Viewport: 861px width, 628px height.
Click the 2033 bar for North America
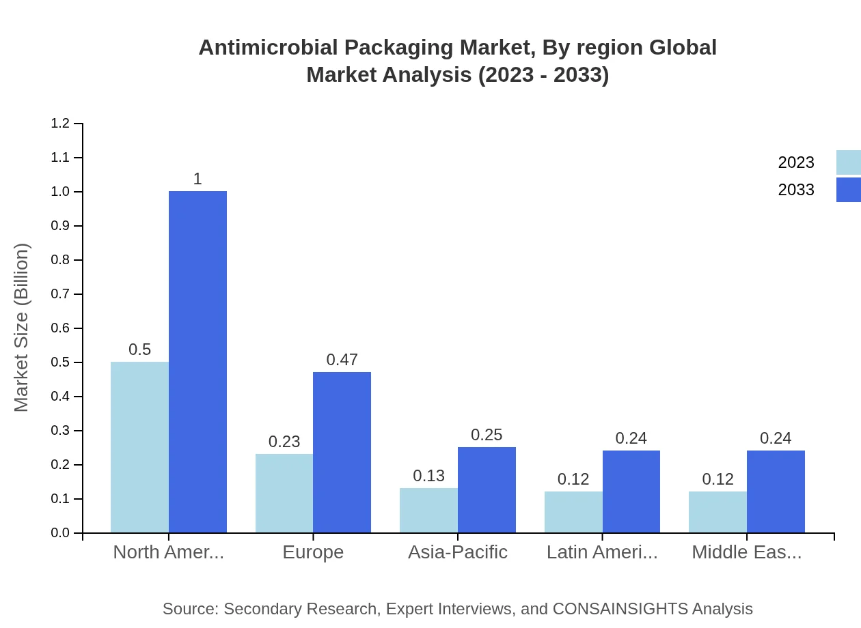pos(197,362)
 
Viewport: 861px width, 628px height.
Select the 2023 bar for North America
pos(139,447)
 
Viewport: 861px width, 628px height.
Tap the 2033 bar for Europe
pos(342,452)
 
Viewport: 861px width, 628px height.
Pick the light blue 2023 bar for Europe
pos(284,493)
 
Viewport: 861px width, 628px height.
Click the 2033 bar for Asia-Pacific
pos(487,489)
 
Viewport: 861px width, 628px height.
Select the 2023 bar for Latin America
pos(573,512)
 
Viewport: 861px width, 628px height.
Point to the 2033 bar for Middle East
pos(776,491)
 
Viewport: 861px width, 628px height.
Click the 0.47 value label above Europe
pos(342,360)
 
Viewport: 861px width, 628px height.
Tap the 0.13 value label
pos(428,476)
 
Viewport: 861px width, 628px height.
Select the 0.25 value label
pos(487,435)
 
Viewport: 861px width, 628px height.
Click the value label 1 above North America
pos(197,179)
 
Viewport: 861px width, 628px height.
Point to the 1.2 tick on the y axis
pos(60,124)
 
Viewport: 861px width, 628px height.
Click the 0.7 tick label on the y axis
pos(60,294)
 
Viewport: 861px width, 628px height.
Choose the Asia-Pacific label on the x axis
pos(457,552)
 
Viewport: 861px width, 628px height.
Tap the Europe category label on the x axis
pos(313,552)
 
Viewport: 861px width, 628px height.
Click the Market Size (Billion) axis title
pos(22,328)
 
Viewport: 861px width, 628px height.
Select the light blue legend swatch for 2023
pos(848,162)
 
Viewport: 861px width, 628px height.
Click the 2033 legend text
pos(796,190)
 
